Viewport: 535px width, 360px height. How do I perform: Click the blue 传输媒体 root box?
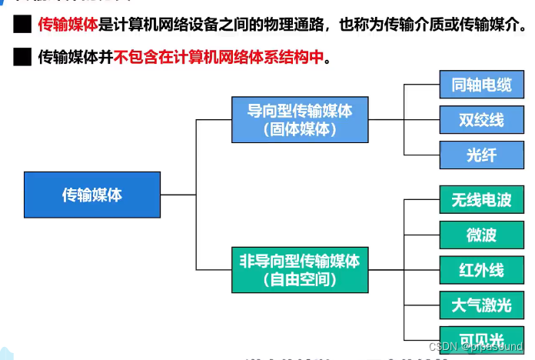92,195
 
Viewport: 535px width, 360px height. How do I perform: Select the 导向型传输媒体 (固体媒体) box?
300,119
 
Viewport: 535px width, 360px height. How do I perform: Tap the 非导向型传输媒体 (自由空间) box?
300,269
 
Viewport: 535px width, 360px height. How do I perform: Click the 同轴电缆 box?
481,85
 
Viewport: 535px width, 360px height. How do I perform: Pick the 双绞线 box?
481,120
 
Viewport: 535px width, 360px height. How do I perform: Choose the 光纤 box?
481,155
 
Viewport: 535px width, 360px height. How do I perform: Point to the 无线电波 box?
481,200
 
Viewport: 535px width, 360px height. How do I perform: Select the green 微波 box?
481,235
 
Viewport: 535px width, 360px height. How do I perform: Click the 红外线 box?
481,270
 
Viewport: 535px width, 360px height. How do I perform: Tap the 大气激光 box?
481,305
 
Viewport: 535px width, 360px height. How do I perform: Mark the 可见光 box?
481,339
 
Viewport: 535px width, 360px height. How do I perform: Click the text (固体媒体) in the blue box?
300,129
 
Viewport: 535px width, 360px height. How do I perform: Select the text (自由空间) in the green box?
300,279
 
